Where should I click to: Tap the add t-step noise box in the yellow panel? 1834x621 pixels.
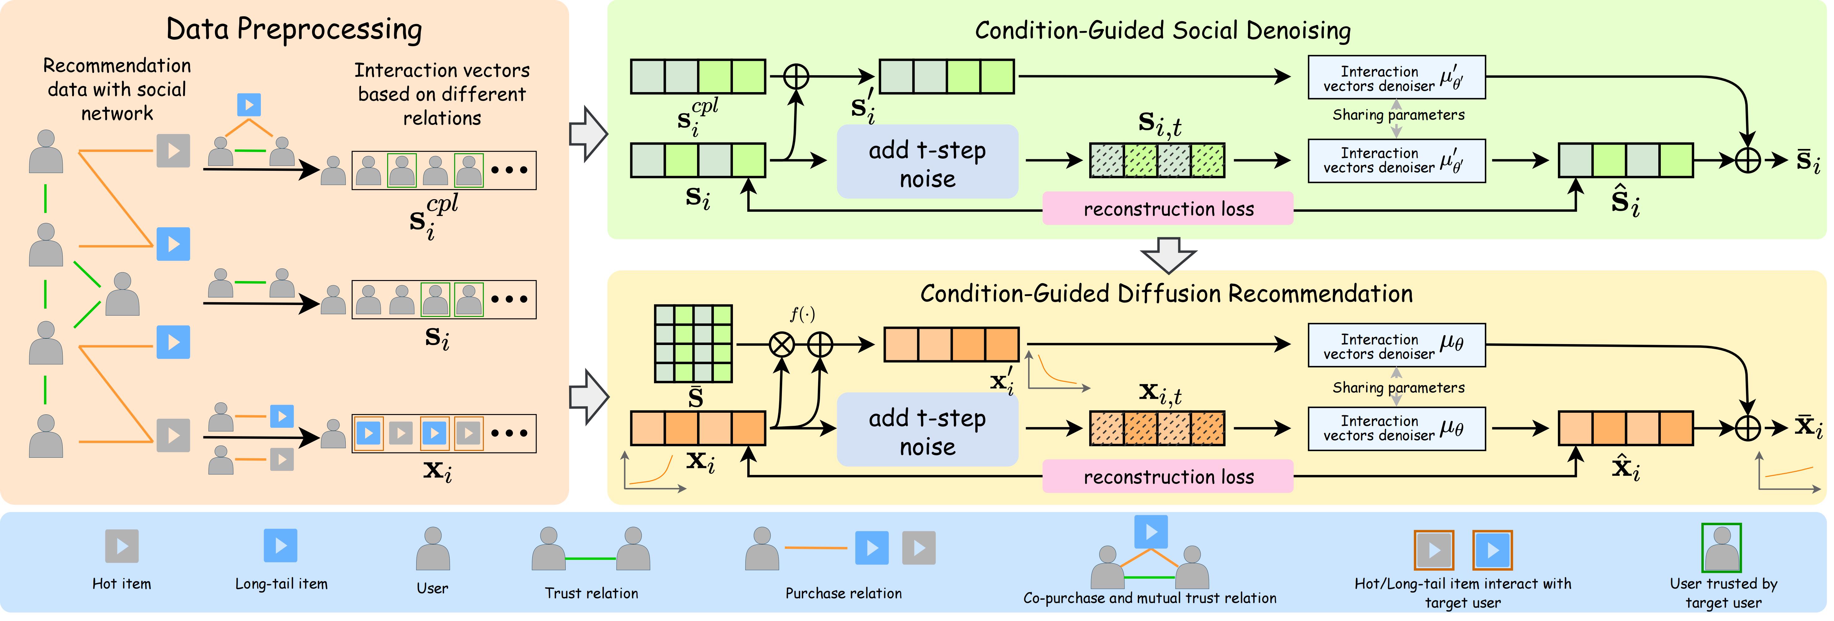click(x=927, y=430)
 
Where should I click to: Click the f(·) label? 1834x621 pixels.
click(x=802, y=314)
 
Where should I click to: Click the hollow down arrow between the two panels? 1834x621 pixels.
click(x=1168, y=255)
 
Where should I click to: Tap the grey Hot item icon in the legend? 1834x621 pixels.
click(x=122, y=546)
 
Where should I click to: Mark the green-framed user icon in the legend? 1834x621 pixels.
click(x=1721, y=548)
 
